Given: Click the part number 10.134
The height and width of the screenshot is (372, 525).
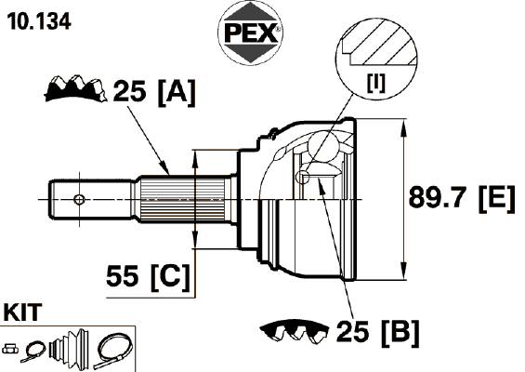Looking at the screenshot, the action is click(39, 21).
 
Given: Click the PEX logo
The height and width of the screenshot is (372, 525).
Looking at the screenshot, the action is click(251, 33).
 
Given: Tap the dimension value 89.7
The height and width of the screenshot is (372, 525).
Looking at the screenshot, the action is click(440, 197).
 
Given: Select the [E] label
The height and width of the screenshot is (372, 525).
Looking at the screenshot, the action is click(496, 199).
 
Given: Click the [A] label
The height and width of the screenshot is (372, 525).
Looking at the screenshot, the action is click(177, 93).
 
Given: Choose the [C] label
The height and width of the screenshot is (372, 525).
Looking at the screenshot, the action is click(170, 277).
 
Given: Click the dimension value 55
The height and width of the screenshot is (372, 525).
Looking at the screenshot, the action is click(123, 276).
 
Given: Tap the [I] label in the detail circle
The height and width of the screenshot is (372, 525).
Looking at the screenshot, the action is click(376, 83).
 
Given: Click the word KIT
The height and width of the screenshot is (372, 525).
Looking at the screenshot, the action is click(22, 312).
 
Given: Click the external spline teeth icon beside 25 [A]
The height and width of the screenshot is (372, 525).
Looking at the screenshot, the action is click(75, 88).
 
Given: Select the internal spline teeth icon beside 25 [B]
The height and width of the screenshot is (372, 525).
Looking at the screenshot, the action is click(295, 332).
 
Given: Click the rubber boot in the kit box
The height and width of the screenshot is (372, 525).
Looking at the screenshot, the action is click(70, 348).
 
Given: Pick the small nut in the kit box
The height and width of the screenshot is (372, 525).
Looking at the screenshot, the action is click(10, 349).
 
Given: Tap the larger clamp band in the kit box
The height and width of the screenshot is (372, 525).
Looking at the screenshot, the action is click(113, 351).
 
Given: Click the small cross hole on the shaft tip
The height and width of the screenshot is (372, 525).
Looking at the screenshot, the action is click(79, 200).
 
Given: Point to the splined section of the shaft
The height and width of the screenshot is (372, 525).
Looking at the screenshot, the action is click(182, 200).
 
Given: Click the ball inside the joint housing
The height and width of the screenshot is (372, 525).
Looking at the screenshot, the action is click(322, 146).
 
